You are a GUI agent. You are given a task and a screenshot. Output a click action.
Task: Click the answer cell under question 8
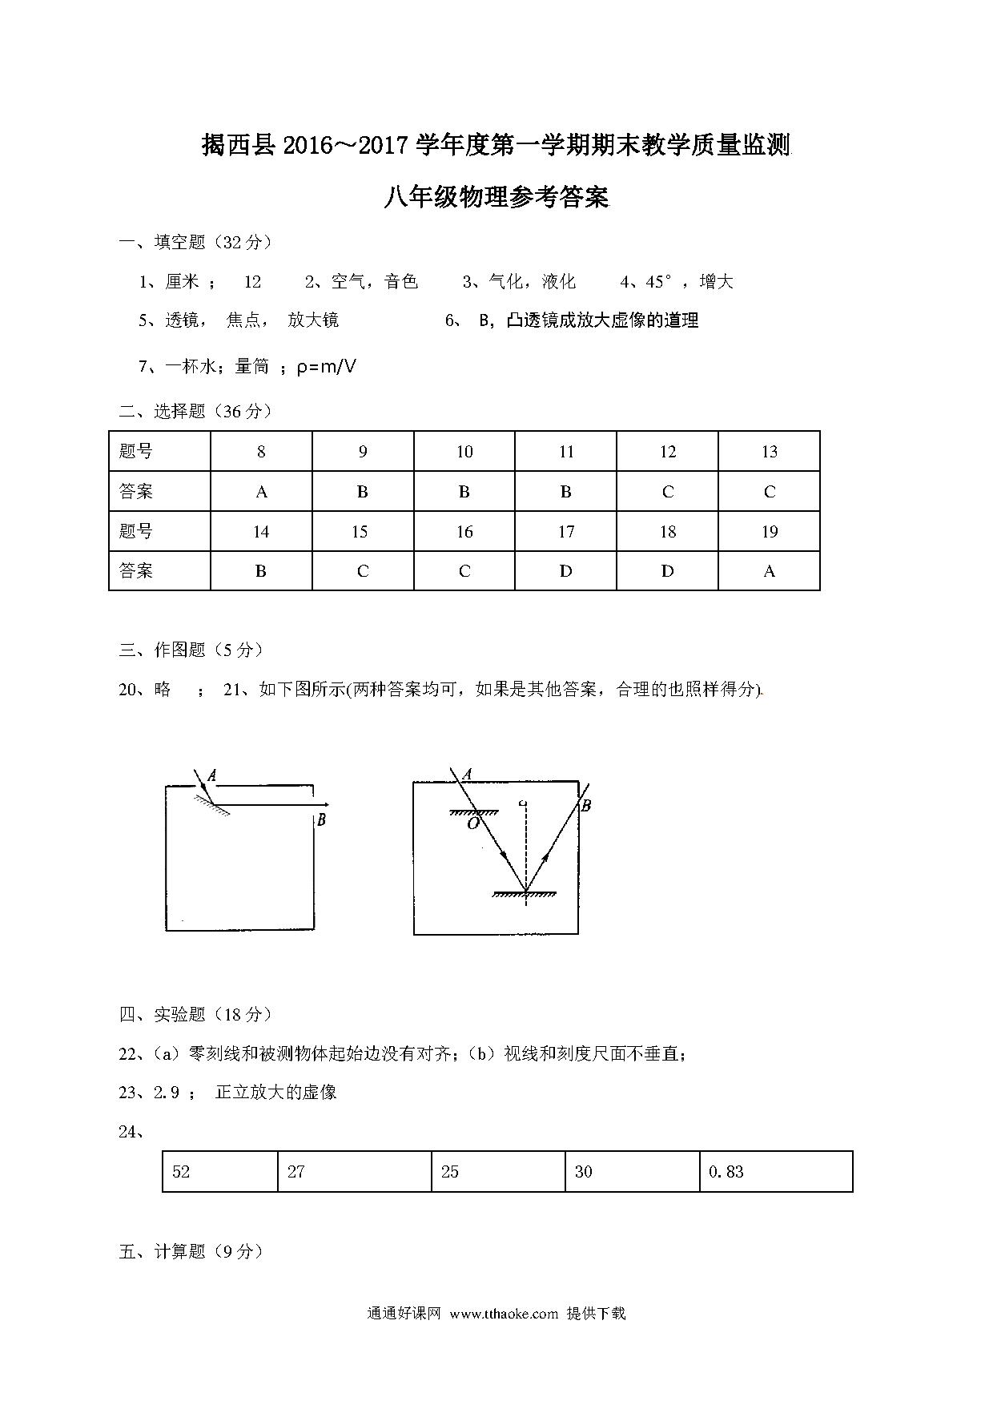[261, 492]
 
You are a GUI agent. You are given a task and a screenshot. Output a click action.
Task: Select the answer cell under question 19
[769, 571]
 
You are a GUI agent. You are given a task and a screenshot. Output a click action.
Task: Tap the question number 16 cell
[464, 532]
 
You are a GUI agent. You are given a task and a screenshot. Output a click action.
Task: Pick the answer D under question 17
[565, 571]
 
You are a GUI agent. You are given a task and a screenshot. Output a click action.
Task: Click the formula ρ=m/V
[326, 367]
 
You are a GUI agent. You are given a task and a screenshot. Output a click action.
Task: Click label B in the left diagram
[321, 819]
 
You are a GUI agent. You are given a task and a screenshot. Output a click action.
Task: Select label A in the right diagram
[467, 774]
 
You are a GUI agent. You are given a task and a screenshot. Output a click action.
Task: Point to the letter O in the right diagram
[472, 823]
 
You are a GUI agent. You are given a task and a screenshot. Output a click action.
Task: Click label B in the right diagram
[585, 806]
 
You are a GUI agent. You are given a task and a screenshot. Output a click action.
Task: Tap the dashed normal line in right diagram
[525, 849]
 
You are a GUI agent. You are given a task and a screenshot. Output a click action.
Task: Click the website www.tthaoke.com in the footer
[504, 1314]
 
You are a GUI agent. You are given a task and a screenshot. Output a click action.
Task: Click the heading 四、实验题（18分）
[195, 1015]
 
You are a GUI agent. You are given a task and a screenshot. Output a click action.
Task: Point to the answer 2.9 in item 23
[167, 1092]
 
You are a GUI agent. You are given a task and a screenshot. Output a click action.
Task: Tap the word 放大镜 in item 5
[313, 320]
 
